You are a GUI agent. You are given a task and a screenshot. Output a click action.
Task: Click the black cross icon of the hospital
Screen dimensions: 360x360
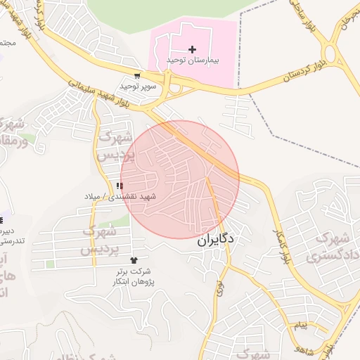coord(193,49)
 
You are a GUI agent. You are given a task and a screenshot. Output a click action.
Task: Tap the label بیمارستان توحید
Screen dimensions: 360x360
coord(193,61)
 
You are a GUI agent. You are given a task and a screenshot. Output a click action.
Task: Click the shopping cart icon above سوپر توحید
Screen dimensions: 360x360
coord(137,76)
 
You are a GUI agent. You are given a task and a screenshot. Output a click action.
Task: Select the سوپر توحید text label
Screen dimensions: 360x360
coord(136,86)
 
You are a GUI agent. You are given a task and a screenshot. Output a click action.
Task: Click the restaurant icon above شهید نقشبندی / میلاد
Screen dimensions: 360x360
coord(120,186)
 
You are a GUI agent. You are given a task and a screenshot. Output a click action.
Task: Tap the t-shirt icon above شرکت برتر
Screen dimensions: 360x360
coord(134,260)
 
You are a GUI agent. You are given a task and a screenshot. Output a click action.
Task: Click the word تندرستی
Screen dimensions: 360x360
coord(11,241)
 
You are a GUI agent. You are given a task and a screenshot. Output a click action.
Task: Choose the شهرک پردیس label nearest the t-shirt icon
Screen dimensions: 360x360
coord(98,240)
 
